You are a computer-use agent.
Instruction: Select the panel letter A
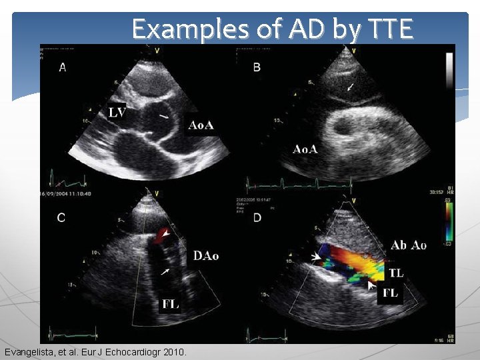(63, 67)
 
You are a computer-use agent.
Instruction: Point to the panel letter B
(257, 67)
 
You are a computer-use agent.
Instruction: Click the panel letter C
(61, 218)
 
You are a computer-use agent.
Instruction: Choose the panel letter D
(257, 218)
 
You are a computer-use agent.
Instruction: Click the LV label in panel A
(117, 113)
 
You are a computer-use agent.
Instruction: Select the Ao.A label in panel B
(305, 149)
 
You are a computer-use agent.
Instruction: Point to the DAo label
(206, 256)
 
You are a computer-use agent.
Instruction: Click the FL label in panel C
(170, 304)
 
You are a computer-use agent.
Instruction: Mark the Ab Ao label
(408, 245)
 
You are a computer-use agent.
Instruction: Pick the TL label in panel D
(396, 272)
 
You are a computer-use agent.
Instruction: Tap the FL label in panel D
(391, 293)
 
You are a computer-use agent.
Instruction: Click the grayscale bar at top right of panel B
(449, 71)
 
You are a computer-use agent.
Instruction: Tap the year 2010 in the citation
(174, 351)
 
